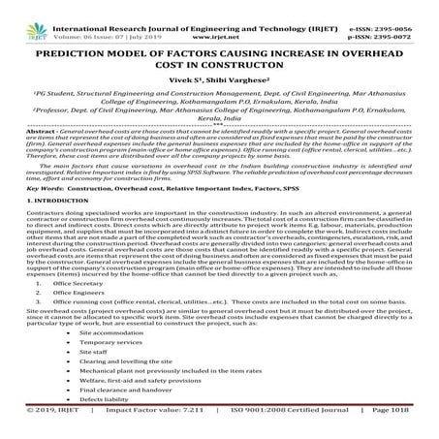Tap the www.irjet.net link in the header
219,16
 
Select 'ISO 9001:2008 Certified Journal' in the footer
291,434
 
